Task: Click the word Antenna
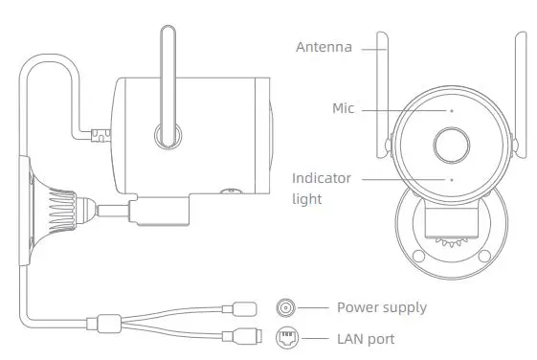(x=324, y=47)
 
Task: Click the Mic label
(x=342, y=109)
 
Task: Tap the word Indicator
(x=322, y=178)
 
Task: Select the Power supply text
(x=381, y=307)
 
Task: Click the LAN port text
(x=365, y=339)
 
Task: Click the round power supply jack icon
(x=286, y=307)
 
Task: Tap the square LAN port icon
(x=286, y=338)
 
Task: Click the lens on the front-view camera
(x=451, y=146)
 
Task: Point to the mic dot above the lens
(x=451, y=110)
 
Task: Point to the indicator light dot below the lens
(x=451, y=179)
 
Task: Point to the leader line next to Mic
(x=402, y=109)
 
